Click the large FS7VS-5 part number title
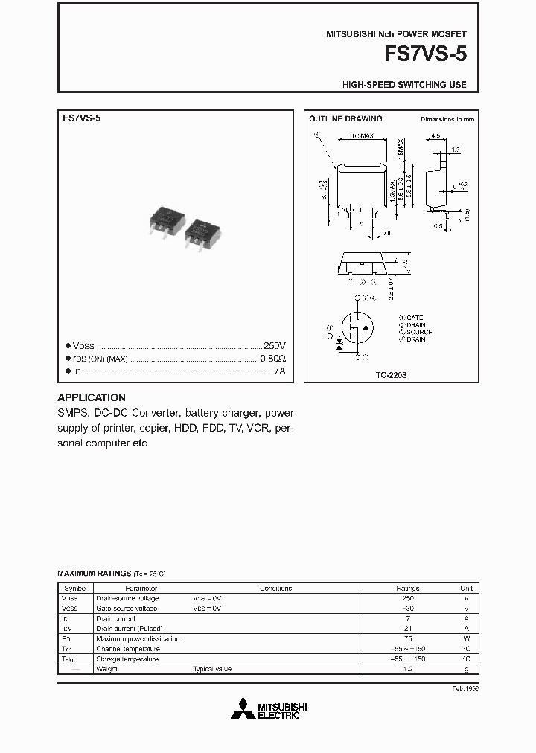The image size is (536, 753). (425, 54)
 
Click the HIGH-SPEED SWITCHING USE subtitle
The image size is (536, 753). (404, 85)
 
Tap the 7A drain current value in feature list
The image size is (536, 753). (279, 370)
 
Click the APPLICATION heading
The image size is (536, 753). (92, 397)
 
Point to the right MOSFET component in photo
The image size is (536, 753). (201, 231)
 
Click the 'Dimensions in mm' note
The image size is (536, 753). (447, 119)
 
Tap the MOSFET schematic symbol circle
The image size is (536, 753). (357, 327)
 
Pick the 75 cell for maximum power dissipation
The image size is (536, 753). (407, 638)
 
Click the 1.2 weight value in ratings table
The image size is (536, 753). (407, 669)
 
